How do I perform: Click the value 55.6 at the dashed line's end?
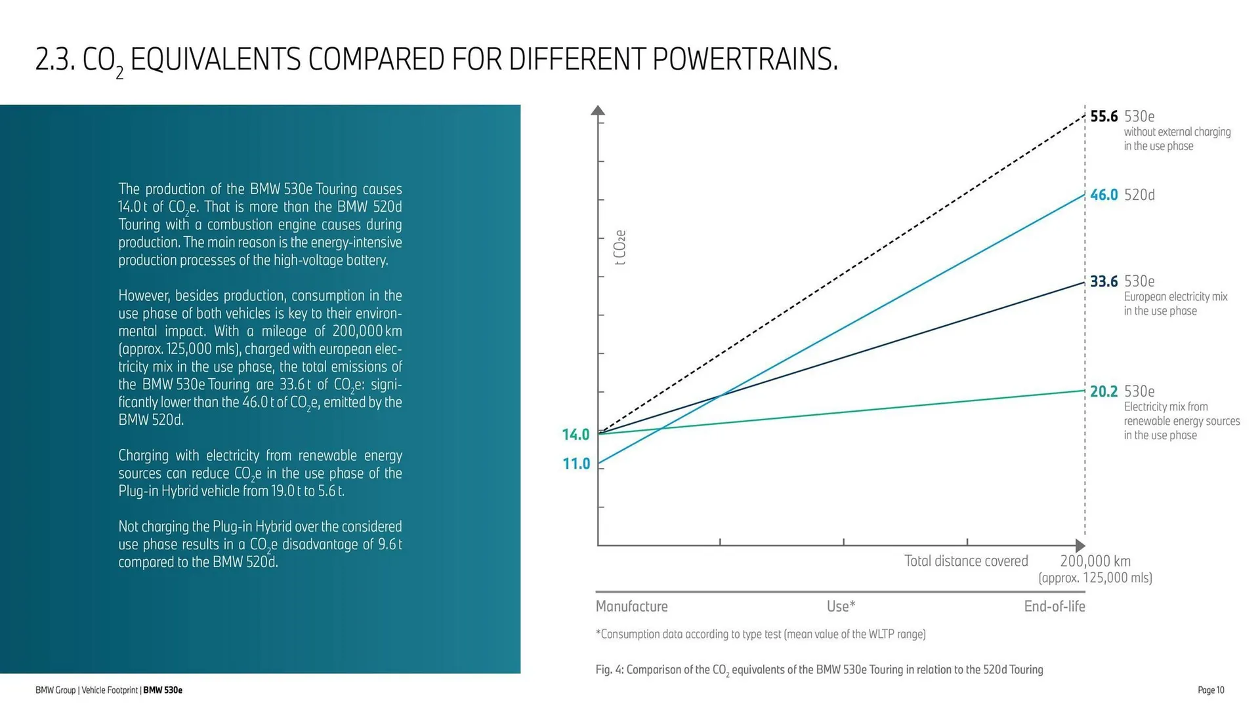tap(1104, 117)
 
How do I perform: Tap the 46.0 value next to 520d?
tap(1104, 195)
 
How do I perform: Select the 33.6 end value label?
tap(1104, 282)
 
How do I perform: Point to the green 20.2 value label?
tap(1104, 392)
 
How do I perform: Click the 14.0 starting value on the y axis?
tap(576, 435)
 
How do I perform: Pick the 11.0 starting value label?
tap(576, 464)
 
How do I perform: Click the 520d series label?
tap(1139, 195)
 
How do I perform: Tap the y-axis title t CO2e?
tap(620, 247)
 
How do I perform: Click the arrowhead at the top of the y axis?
tap(598, 110)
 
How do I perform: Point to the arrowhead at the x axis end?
tap(1080, 545)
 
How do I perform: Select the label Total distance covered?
tap(966, 561)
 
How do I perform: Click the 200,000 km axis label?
tap(1095, 561)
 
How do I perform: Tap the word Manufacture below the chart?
tap(631, 606)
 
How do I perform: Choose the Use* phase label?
tap(841, 606)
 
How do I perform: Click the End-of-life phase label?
tap(1054, 606)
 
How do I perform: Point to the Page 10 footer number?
tap(1211, 690)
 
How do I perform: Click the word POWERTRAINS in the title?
tap(745, 60)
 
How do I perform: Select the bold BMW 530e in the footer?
tap(163, 690)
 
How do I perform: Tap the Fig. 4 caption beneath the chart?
tap(819, 670)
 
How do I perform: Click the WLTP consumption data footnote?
tap(761, 635)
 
